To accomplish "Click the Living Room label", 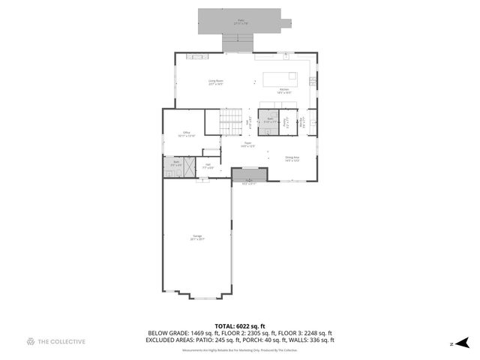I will tap(216, 82).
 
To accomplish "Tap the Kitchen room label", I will tap(284, 91).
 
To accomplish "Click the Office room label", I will tap(185, 133).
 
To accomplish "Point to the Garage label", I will tap(196, 238).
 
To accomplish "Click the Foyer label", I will tap(247, 144).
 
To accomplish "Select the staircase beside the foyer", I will tap(231, 118).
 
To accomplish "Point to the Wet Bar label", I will tap(301, 122).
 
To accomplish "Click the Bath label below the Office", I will tap(176, 162).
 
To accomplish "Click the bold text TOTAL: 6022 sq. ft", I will tap(240, 325).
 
